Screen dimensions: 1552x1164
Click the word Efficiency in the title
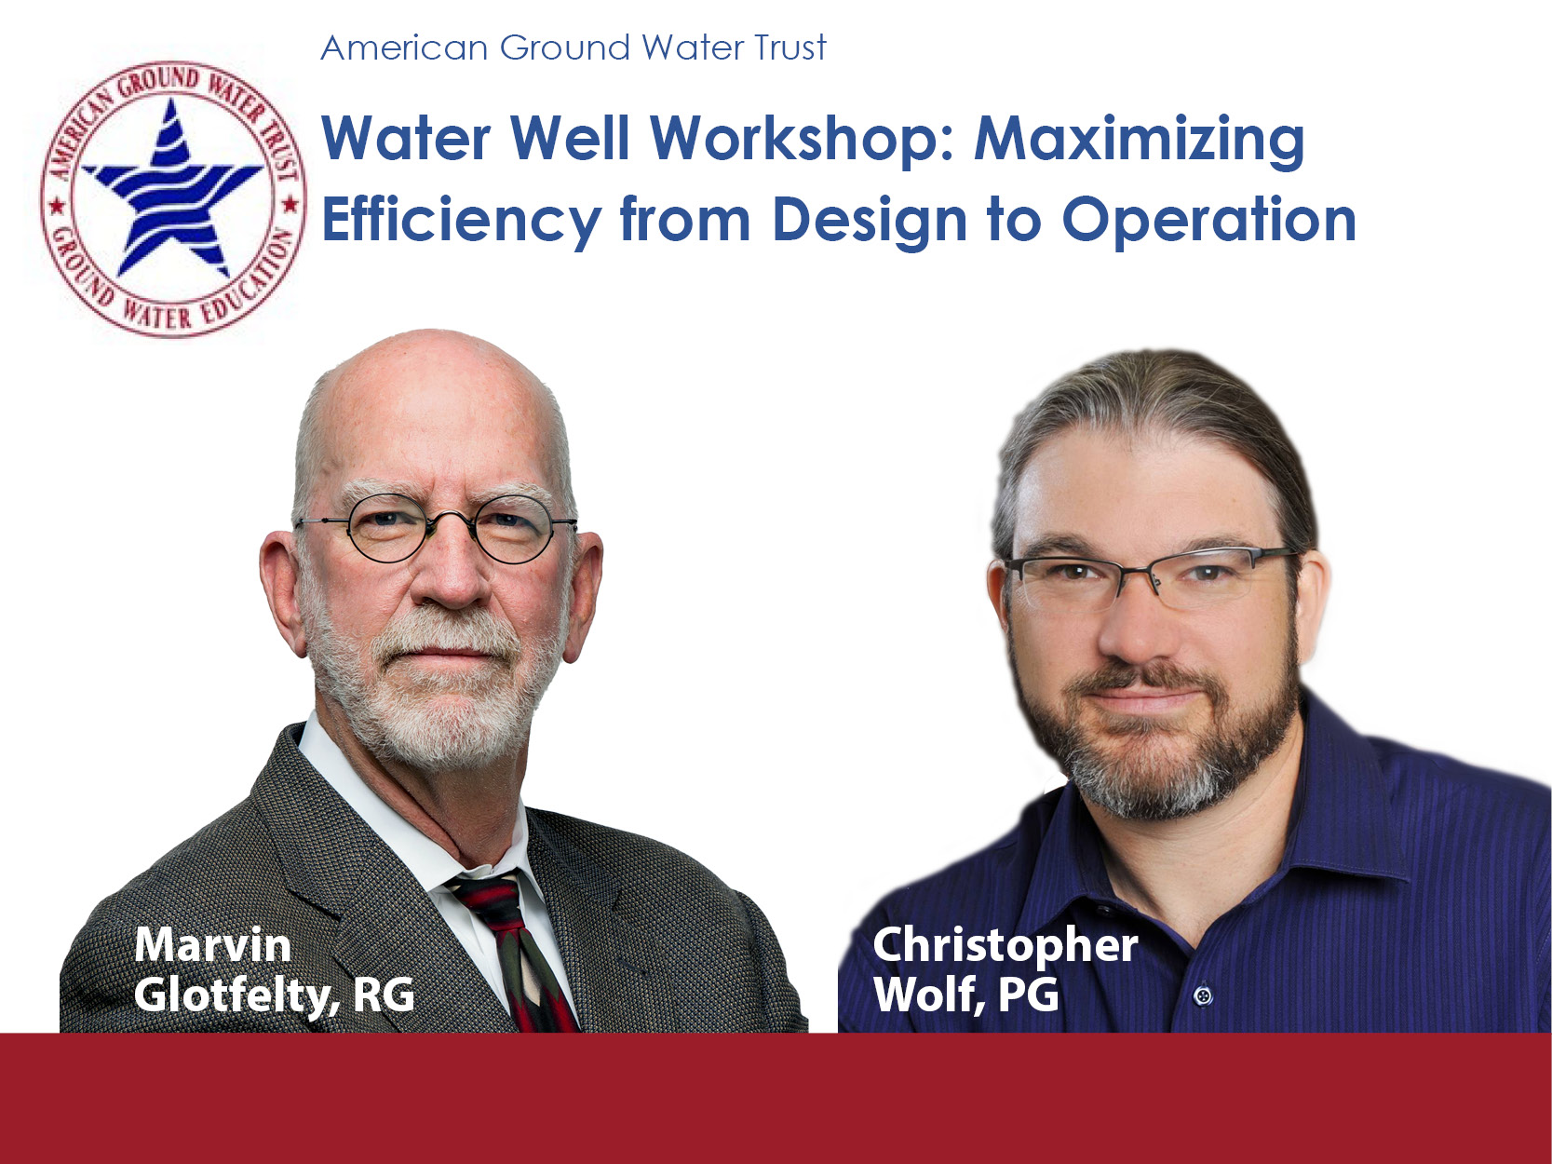(462, 221)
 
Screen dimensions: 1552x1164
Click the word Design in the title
(870, 222)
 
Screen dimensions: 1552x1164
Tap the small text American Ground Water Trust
(574, 48)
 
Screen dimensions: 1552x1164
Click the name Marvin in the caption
(212, 945)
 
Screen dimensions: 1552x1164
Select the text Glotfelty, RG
(275, 995)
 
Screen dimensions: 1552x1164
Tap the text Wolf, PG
(965, 995)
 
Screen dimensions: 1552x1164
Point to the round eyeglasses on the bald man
(437, 528)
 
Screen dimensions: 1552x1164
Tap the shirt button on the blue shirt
(1201, 995)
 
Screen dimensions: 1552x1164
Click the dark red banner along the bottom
(776, 1098)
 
